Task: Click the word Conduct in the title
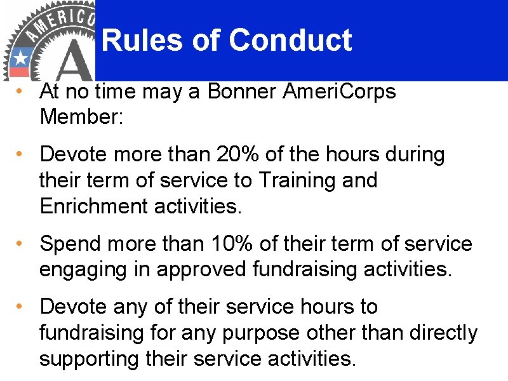[x=290, y=41]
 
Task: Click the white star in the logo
[x=21, y=58]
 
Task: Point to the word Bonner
[x=243, y=91]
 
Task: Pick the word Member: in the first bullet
[x=79, y=117]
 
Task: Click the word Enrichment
[x=92, y=206]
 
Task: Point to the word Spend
[x=69, y=244]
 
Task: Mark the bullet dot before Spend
[x=20, y=243]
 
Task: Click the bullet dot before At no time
[x=20, y=91]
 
